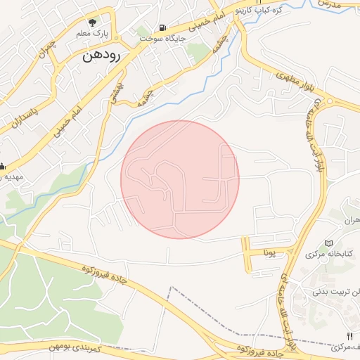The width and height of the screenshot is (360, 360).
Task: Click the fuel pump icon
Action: point(163,28)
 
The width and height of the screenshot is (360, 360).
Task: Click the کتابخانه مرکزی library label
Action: point(330,253)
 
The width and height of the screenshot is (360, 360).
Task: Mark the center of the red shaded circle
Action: point(180,179)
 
